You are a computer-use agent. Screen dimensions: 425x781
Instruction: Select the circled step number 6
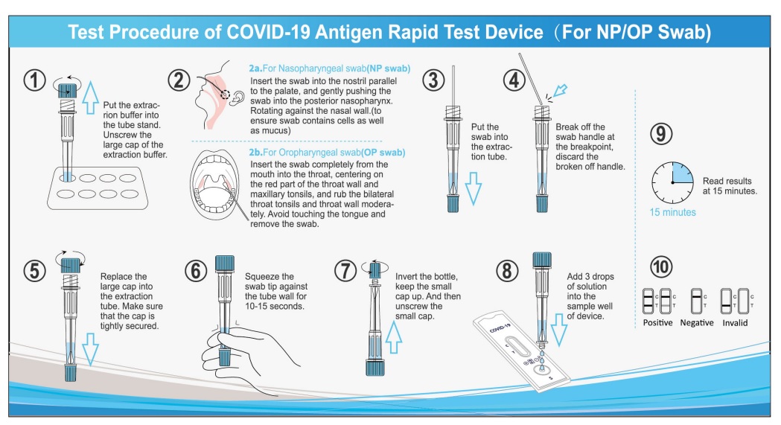click(x=197, y=271)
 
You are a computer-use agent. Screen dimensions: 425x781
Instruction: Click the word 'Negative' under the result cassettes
click(x=698, y=323)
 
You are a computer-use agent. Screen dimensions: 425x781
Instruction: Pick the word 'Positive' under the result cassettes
click(x=657, y=323)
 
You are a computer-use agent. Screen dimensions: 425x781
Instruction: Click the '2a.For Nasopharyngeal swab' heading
click(x=329, y=68)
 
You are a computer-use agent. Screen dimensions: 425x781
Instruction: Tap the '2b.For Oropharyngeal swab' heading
click(x=327, y=153)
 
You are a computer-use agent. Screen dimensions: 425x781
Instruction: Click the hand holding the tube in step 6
click(x=226, y=350)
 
